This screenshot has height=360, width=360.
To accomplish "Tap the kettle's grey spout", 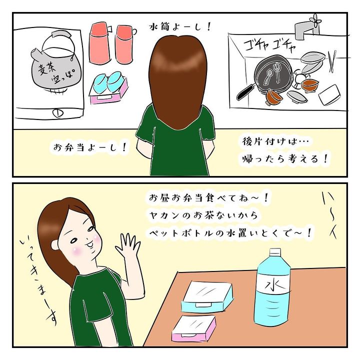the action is pos(36,54).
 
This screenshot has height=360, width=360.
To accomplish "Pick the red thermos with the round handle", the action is pos(124,44).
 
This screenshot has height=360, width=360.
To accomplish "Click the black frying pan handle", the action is pos(245,92).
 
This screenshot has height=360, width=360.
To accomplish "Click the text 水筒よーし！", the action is pos(180,27).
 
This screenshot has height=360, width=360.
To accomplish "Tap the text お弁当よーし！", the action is pos(90,147).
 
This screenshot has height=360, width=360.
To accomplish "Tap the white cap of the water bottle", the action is pos(275,253).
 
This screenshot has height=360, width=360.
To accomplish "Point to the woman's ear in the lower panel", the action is pos(55,244).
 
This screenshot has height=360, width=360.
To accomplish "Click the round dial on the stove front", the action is pos(58,113).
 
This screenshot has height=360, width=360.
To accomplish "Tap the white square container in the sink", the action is pos(329,94).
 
